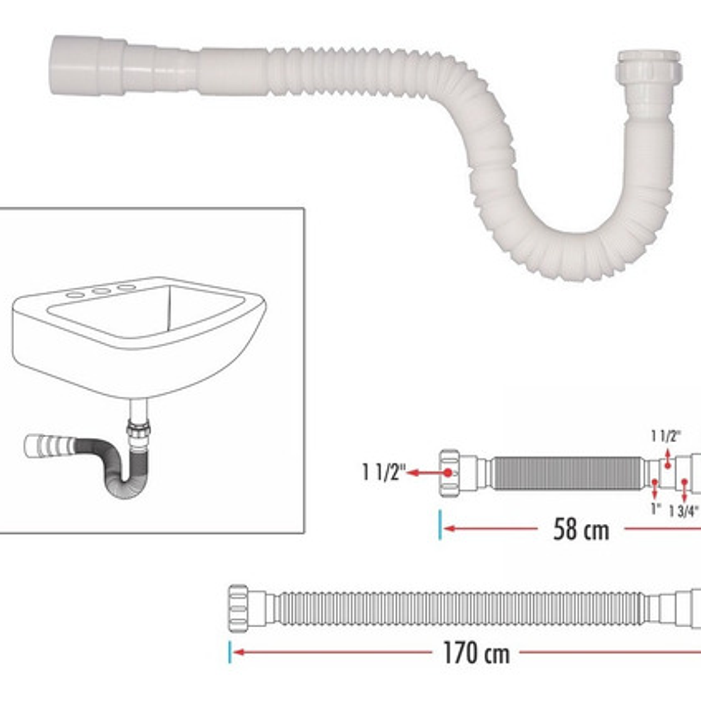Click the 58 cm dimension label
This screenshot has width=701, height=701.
tap(580, 529)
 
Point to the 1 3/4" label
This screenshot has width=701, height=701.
tap(683, 512)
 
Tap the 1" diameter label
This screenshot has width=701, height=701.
tap(655, 509)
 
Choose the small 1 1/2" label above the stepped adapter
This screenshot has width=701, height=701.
tap(665, 436)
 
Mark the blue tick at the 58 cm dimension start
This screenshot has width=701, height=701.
tap(440, 526)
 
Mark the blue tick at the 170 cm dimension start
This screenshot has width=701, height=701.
tap(230, 652)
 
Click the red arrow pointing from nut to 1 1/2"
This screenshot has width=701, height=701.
tap(428, 473)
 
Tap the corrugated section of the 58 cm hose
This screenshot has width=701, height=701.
tap(566, 473)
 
